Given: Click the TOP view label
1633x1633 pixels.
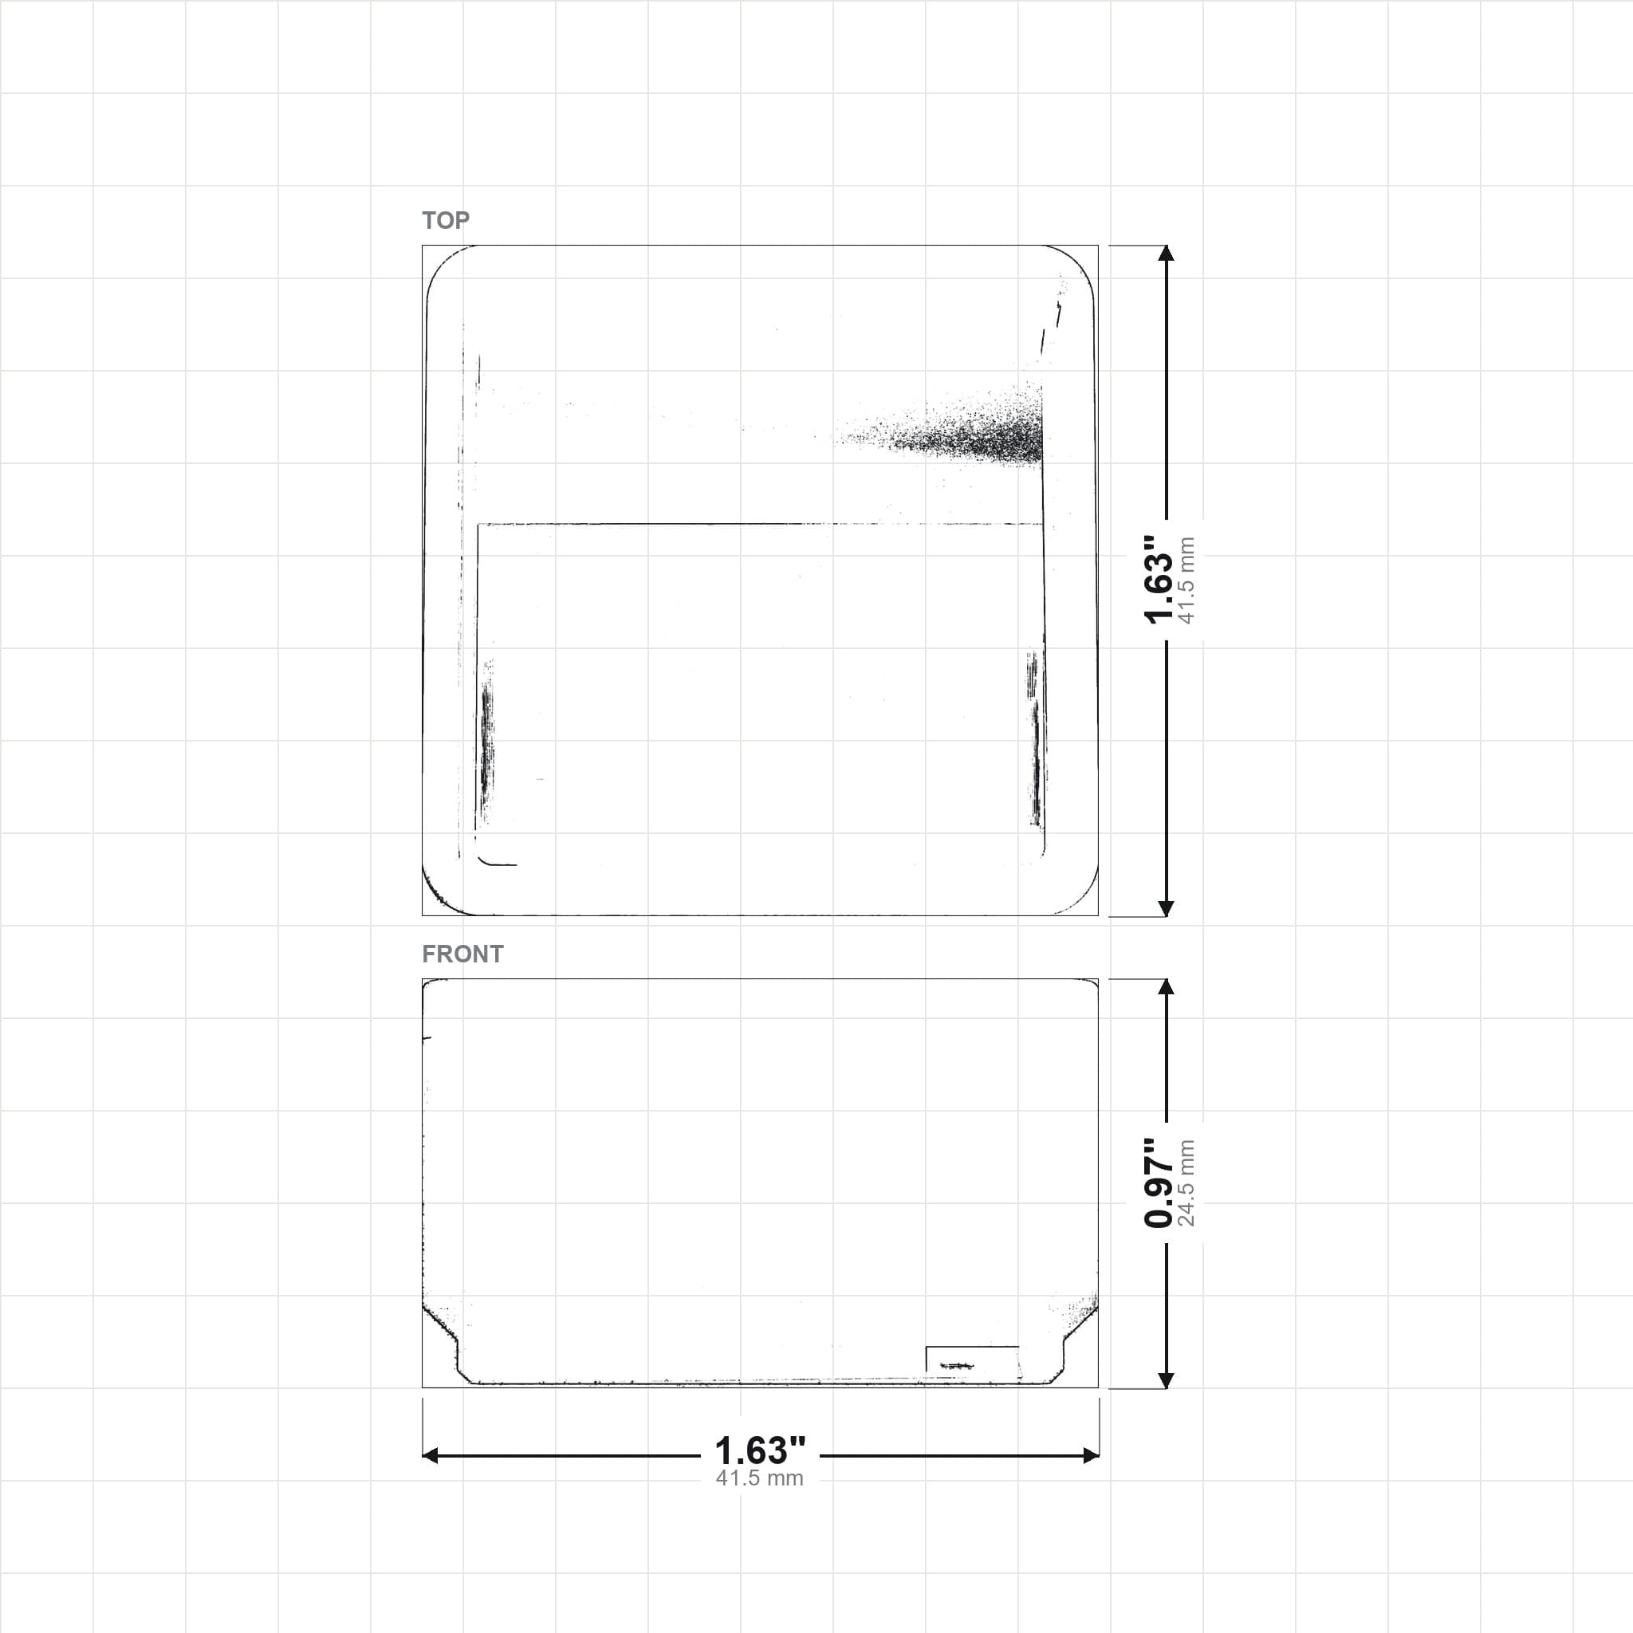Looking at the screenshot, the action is pos(446,221).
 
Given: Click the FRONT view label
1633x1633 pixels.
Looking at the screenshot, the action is pos(462,954).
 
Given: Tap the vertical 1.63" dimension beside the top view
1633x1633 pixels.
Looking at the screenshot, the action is pos(1158,580).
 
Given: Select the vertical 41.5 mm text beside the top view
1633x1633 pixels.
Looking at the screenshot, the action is pos(1186,580).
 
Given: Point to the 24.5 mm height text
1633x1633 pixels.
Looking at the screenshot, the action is pos(1186,1183).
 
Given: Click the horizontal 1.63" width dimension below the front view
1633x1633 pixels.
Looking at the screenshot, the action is pos(760,1450).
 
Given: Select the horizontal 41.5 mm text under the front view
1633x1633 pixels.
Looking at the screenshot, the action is pos(760,1478).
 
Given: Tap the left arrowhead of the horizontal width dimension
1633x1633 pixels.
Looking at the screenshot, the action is pos(431,1454).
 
